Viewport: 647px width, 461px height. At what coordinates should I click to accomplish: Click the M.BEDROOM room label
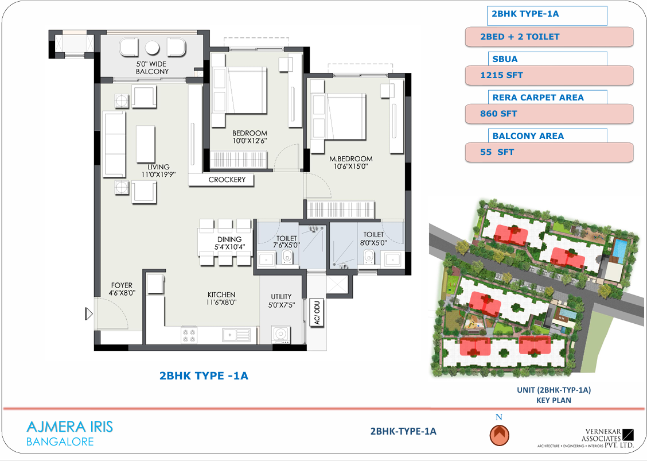pos(350,158)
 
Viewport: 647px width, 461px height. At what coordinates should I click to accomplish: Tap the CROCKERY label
pos(227,180)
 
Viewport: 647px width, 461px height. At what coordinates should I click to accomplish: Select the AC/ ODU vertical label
pos(317,313)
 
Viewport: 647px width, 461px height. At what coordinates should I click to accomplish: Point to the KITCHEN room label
pos(221,295)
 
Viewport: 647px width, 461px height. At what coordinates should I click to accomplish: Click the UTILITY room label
pos(281,297)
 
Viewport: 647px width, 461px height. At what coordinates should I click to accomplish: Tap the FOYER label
pos(122,285)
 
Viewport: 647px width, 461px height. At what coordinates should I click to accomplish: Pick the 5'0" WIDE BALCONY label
pos(152,68)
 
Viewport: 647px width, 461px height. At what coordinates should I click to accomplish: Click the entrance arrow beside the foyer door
pos(89,314)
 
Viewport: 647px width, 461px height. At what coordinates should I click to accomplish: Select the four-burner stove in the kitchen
pos(189,335)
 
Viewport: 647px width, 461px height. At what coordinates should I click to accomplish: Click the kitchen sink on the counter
pos(236,335)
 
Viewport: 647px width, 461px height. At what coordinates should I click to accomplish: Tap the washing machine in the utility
pos(281,334)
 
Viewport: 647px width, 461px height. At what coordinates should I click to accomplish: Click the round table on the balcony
pos(152,48)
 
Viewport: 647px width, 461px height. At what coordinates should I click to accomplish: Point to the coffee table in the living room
pos(146,144)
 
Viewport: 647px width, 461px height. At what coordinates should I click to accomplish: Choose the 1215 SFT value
pos(501,75)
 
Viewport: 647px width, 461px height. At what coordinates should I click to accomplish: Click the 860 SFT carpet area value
pos(498,114)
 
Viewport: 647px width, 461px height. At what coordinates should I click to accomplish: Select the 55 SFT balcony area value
pos(497,152)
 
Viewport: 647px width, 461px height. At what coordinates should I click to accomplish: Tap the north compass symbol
pos(499,435)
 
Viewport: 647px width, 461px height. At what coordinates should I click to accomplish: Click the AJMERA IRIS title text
pos(70,427)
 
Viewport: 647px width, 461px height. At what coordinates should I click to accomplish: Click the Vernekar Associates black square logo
pos(627,435)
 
